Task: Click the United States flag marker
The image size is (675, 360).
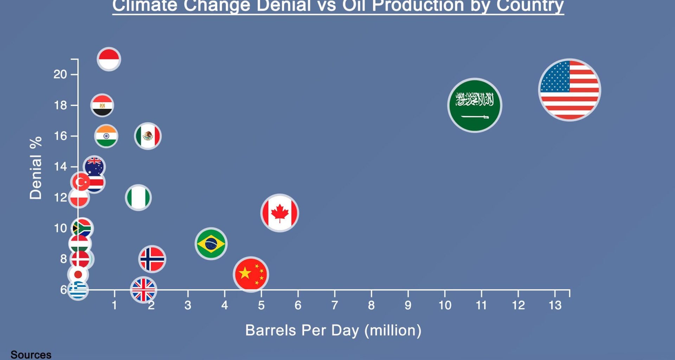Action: click(x=570, y=90)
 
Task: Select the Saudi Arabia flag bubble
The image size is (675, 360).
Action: click(x=475, y=105)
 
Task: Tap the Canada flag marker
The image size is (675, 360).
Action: click(x=279, y=213)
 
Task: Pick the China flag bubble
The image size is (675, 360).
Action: click(x=251, y=274)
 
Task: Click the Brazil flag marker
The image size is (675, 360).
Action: click(x=211, y=244)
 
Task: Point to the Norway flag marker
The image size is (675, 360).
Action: click(x=152, y=259)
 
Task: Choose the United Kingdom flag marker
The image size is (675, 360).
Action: click(x=143, y=290)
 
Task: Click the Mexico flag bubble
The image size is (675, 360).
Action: click(x=148, y=136)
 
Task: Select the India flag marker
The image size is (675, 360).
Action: click(x=106, y=136)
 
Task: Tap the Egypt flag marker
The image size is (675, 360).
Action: click(x=102, y=105)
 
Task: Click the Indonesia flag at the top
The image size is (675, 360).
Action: click(x=109, y=59)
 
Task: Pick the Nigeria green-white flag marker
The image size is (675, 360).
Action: click(x=138, y=198)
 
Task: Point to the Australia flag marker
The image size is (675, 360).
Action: click(x=94, y=166)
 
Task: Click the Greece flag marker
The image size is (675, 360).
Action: click(x=78, y=290)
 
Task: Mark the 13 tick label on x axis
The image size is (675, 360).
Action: click(x=555, y=305)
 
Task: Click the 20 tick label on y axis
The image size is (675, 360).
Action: click(x=60, y=74)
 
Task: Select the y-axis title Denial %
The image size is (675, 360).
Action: click(x=36, y=168)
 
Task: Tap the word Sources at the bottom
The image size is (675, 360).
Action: click(x=31, y=354)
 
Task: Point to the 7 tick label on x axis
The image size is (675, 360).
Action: click(x=334, y=305)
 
